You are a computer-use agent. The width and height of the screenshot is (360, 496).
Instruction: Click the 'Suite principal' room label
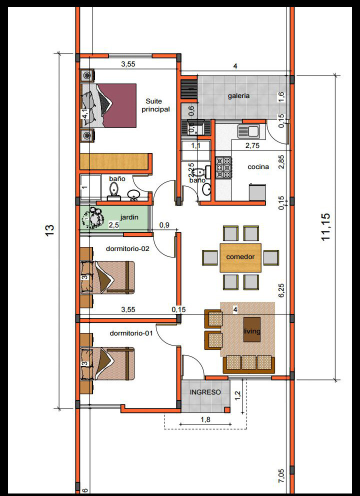click(x=155, y=104)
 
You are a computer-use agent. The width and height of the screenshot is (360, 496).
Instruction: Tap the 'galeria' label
click(x=238, y=96)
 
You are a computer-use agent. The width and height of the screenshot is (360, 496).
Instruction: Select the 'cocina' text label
click(x=258, y=166)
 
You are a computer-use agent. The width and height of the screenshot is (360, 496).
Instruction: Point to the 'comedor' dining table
click(x=240, y=257)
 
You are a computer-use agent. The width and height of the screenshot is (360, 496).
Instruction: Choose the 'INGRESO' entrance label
click(x=205, y=392)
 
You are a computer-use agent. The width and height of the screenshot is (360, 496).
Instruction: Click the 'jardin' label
click(x=129, y=217)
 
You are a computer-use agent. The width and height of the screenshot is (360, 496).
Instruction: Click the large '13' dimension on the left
click(x=49, y=230)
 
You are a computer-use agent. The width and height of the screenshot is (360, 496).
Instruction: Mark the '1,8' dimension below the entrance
click(x=205, y=420)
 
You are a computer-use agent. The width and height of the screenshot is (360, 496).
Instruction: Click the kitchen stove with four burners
click(x=223, y=168)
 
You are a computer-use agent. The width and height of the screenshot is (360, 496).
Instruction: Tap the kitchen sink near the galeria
click(x=248, y=131)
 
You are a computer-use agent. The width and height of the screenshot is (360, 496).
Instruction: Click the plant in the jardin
click(x=91, y=217)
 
